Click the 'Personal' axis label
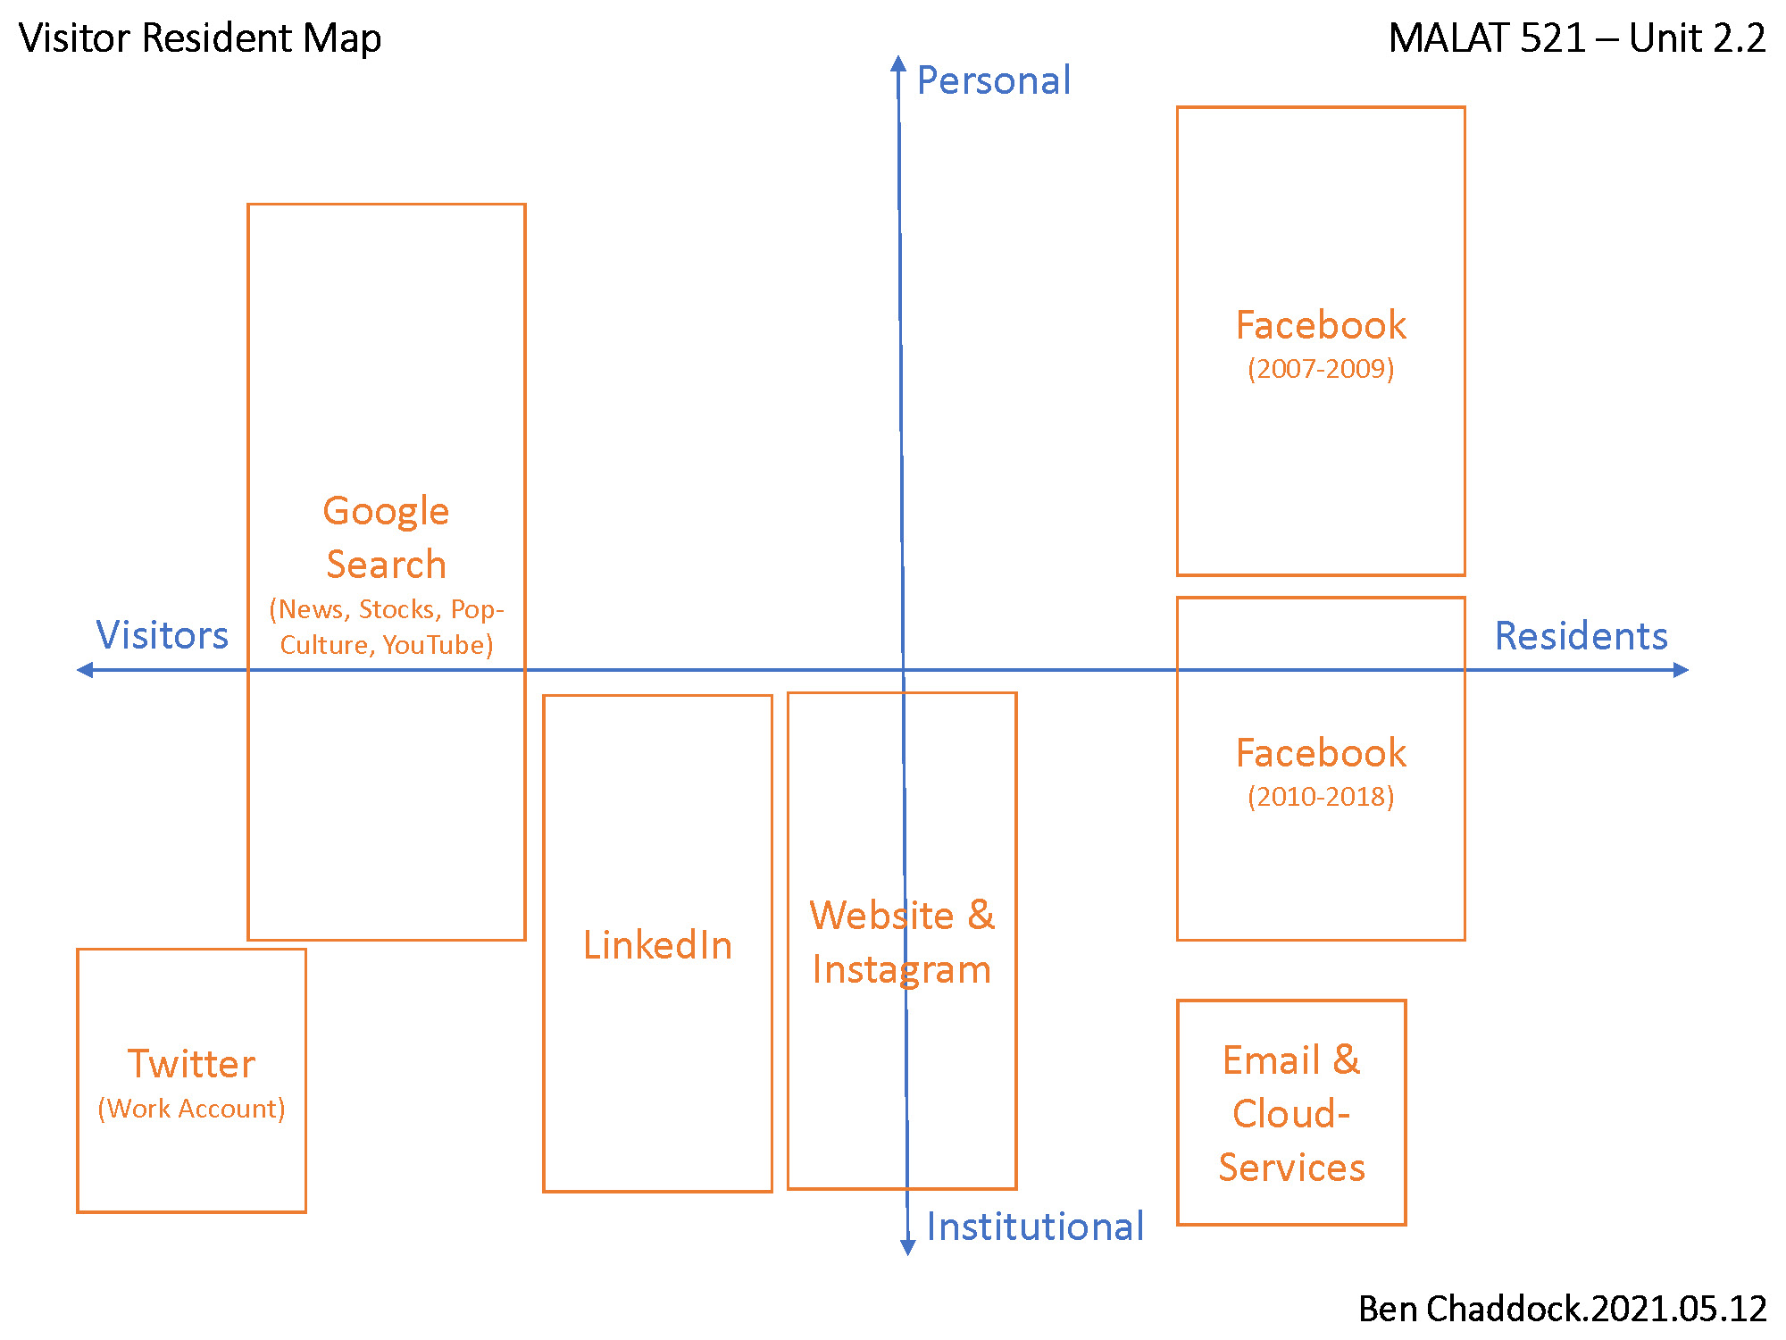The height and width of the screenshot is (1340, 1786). point(993,80)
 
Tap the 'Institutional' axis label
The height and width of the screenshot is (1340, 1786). point(1034,1227)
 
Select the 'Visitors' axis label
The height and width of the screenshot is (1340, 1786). point(162,635)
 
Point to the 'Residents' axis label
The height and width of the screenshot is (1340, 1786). point(1581,636)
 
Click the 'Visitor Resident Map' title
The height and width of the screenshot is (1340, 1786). point(200,38)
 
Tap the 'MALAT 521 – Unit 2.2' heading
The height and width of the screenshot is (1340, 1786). point(1576,38)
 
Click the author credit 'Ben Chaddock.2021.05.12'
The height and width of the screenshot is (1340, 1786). point(1562,1309)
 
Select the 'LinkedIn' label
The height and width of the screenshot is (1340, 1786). point(657,945)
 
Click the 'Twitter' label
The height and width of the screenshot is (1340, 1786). point(191,1064)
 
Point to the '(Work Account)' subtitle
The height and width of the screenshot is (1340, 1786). point(191,1109)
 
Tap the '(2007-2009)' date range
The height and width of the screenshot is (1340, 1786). point(1321,369)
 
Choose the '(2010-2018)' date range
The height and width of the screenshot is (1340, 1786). point(1321,797)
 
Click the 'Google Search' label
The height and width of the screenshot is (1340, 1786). point(386,538)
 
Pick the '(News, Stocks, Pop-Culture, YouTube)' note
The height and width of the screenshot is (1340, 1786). point(387,627)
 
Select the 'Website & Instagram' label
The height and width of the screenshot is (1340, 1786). point(902,942)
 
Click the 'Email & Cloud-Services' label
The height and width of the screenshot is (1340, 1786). point(1291,1114)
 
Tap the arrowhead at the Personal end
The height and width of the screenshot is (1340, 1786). point(898,63)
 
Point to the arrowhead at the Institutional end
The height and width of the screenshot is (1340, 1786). point(907,1248)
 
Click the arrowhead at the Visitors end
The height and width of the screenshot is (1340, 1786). point(85,670)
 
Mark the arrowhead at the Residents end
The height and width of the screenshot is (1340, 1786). point(1681,670)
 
